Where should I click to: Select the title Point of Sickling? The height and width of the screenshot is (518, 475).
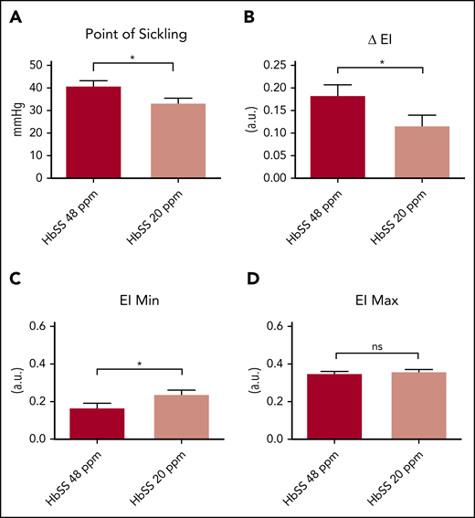pyautogui.click(x=137, y=36)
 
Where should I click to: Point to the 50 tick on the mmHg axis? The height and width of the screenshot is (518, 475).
pyautogui.click(x=36, y=65)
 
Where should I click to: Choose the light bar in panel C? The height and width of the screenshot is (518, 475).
pyautogui.click(x=183, y=417)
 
